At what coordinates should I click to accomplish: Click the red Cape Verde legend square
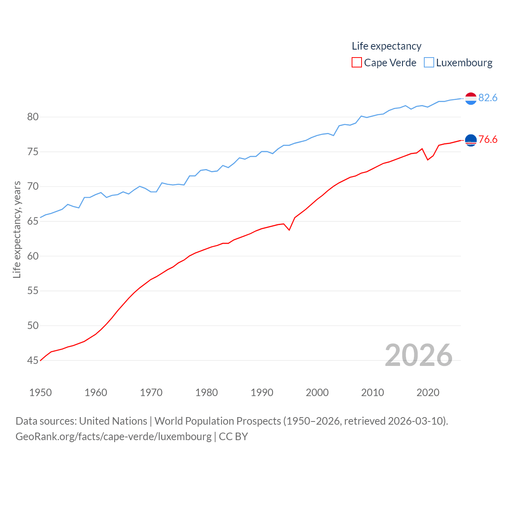(357, 63)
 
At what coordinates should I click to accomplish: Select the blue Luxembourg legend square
(429, 63)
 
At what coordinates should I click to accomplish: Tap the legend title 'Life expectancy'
(387, 46)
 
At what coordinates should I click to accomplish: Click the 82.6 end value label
(488, 98)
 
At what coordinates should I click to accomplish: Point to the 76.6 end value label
(488, 139)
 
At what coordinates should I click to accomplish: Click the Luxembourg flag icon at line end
(471, 98)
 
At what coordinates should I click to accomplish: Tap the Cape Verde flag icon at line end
(471, 140)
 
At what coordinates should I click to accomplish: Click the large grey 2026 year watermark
(419, 355)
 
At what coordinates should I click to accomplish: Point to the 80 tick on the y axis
(33, 117)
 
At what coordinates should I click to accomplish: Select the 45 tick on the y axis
(33, 360)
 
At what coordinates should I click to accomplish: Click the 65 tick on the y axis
(33, 221)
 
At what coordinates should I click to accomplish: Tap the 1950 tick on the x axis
(40, 393)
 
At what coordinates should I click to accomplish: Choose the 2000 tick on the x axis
(317, 393)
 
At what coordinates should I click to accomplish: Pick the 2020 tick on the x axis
(428, 393)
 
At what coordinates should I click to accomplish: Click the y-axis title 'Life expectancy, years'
(17, 229)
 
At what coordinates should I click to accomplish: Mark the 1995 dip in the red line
(289, 230)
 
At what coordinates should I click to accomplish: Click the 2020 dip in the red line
(428, 160)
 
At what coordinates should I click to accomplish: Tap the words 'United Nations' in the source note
(113, 421)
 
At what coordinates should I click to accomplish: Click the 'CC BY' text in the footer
(233, 437)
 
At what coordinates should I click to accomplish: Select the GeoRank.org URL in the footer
(114, 437)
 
